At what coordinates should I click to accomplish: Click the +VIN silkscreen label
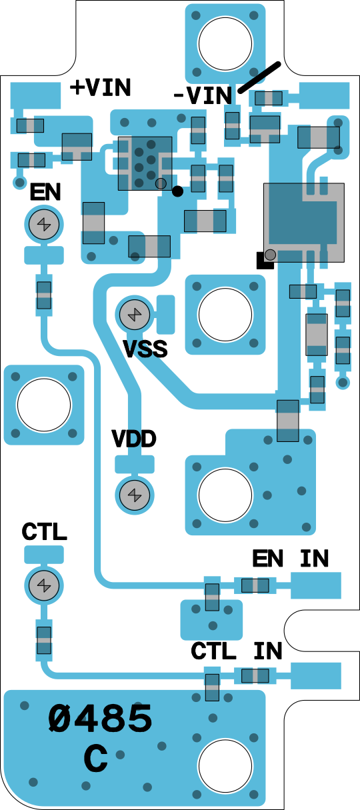(x=101, y=87)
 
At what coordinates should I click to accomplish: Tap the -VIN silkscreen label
(x=203, y=95)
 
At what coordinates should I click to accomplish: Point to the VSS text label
(x=145, y=349)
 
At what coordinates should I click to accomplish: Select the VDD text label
(x=134, y=439)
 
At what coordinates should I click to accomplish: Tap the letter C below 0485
(x=96, y=758)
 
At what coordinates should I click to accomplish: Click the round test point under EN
(x=44, y=225)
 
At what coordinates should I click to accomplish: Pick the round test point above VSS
(x=135, y=315)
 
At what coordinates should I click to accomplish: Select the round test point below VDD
(x=135, y=495)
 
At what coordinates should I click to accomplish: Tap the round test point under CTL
(x=44, y=585)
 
